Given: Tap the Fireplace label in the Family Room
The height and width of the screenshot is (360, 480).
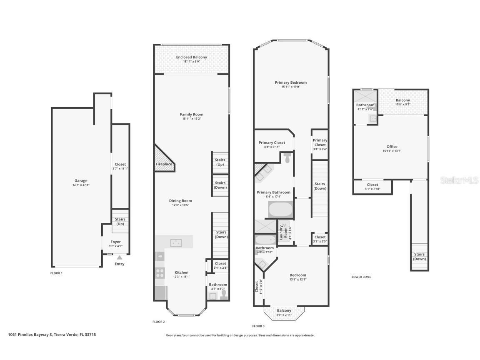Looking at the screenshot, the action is pos(164,164).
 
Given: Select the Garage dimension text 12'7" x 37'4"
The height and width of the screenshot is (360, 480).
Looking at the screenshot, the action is pos(81,185).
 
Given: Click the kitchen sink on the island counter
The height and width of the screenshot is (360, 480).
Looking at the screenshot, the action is pos(175,242).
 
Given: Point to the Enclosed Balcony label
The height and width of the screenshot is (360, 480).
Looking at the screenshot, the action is pos(191,57).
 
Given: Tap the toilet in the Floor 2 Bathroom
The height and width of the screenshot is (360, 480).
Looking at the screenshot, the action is pos(224,294).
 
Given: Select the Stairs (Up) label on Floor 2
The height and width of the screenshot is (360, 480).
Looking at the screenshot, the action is pos(220,162).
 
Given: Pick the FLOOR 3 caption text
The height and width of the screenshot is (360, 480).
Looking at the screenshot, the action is pos(258,326).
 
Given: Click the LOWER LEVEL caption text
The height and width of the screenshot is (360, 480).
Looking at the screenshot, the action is pos(361,277).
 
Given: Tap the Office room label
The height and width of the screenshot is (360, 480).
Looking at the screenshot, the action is pos(392,147).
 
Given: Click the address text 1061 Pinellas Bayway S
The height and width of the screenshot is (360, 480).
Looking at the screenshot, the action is pos(52,334).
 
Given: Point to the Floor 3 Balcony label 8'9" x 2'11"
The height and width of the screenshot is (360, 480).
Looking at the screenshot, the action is pos(284,312).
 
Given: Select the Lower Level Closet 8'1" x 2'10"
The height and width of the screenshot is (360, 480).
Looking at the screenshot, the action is pos(372,187).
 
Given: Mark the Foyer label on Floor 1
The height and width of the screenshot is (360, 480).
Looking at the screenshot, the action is pos(115,242).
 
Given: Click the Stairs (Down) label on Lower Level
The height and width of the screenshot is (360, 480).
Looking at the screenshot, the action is pos(419,256).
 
